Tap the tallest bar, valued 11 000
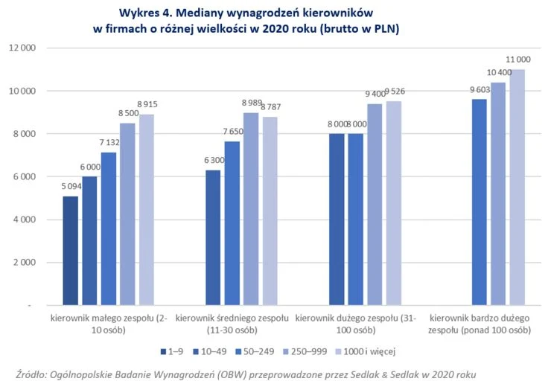(x=517, y=187)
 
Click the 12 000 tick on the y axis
(x=22, y=48)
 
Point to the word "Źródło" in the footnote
(x=31, y=373)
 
